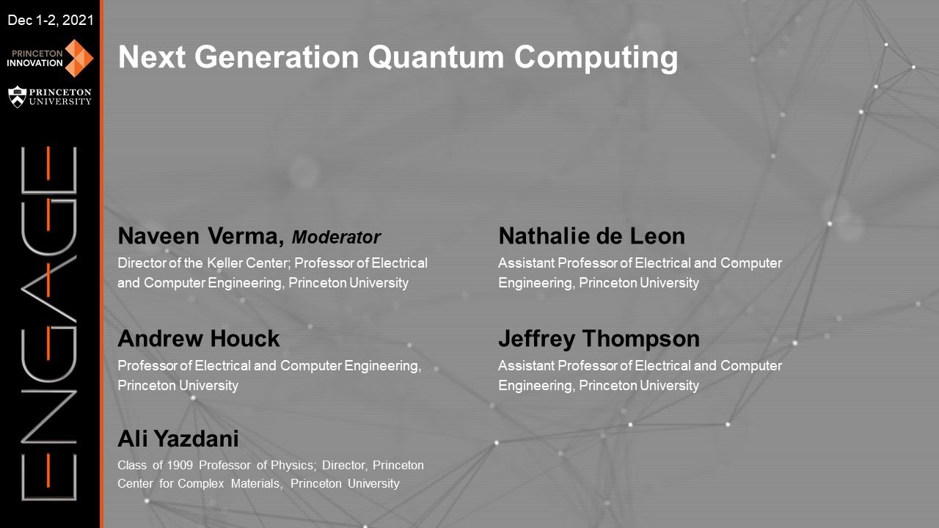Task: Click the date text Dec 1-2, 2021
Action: [50, 21]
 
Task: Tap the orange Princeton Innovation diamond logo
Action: [79, 58]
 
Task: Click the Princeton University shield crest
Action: [17, 97]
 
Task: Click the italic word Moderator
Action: [336, 238]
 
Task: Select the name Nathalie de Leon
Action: [591, 236]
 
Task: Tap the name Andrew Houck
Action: [199, 339]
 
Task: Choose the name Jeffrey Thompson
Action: [599, 339]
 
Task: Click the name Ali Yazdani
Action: [178, 439]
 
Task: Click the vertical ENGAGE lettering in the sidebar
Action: [49, 323]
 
